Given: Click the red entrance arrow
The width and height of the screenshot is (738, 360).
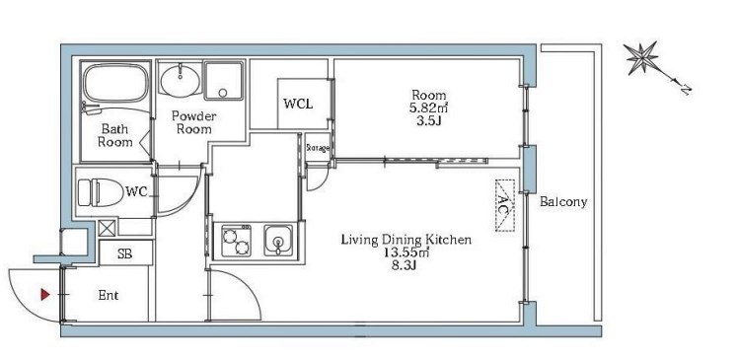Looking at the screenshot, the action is click(x=45, y=295).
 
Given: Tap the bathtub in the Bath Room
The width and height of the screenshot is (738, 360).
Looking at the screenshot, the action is click(x=115, y=82).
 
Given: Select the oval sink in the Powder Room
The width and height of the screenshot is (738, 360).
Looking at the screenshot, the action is click(x=180, y=81).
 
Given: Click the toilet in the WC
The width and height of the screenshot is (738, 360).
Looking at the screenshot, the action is click(x=101, y=192).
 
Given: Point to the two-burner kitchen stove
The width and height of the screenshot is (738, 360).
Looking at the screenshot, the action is click(x=236, y=241).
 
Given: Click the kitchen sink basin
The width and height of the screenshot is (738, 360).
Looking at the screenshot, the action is click(x=278, y=241).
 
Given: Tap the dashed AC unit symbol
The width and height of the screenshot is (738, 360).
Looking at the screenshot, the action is click(x=504, y=206).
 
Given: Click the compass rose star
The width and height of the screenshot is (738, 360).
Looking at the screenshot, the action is click(x=642, y=58).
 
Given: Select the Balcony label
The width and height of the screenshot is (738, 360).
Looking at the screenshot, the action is click(x=563, y=202).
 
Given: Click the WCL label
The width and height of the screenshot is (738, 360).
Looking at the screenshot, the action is click(x=298, y=104).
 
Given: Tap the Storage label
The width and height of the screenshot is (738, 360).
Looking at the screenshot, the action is click(x=318, y=148).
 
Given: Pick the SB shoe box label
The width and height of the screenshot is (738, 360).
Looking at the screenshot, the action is click(x=124, y=254).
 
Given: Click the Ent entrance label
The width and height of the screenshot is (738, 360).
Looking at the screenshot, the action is click(x=109, y=296).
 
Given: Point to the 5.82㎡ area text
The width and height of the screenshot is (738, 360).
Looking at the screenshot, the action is click(x=428, y=108).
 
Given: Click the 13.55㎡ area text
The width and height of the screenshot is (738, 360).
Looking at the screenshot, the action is click(x=406, y=252).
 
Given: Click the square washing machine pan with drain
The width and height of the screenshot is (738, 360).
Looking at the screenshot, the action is click(x=224, y=81).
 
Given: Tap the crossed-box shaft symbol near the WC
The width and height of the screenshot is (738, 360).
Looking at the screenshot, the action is click(x=107, y=228).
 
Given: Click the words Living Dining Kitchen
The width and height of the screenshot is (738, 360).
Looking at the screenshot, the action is click(x=406, y=240).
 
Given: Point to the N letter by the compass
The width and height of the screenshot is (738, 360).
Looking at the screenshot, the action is click(x=686, y=89).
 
